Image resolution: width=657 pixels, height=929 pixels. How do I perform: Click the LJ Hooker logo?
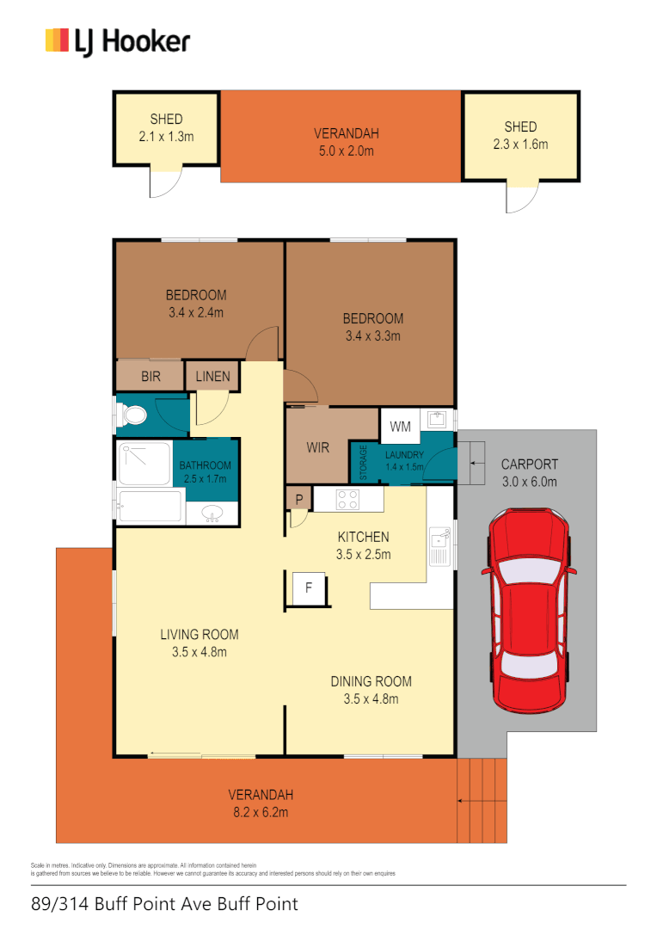(x=117, y=40)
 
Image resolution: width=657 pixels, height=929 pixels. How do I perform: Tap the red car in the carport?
(x=528, y=611)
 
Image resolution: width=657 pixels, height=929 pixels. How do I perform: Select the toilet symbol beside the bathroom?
(x=134, y=416)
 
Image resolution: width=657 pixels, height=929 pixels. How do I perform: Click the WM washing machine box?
(x=400, y=427)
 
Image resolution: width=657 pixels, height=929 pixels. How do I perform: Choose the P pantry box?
(x=298, y=499)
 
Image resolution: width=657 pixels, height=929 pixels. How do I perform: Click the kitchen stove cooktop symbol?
(x=347, y=499)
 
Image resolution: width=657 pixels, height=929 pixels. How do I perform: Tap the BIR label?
(x=150, y=377)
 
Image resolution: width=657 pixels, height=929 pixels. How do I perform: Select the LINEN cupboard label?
(x=212, y=377)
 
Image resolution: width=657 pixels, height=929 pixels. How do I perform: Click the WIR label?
(x=317, y=448)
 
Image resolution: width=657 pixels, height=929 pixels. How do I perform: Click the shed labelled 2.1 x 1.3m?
(x=166, y=128)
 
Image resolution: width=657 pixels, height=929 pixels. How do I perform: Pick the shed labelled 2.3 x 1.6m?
(x=520, y=136)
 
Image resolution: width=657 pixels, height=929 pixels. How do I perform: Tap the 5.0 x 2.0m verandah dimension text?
(x=347, y=151)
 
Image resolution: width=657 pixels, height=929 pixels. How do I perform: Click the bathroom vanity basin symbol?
(x=212, y=514)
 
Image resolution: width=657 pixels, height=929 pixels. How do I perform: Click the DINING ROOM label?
(x=371, y=681)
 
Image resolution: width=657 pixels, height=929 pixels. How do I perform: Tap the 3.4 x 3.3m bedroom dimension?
(x=371, y=336)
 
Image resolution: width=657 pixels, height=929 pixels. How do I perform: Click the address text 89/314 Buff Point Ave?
(x=164, y=904)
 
